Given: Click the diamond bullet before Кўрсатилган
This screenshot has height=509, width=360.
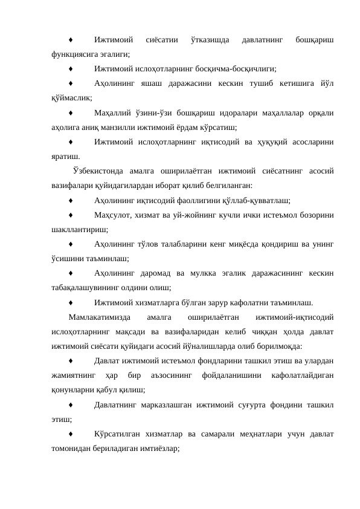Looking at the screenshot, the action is pos(71,434).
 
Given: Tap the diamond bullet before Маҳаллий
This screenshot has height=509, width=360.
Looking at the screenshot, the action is pos(71,113).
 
